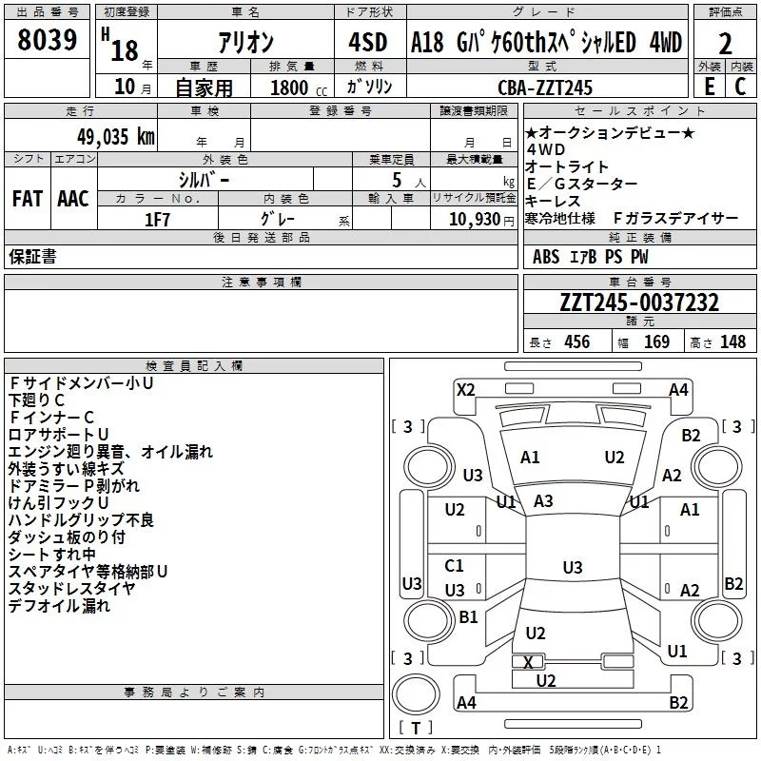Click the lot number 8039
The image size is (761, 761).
point(48,40)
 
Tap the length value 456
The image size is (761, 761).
point(576,342)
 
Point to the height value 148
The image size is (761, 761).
point(732,342)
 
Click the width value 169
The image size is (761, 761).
point(656,342)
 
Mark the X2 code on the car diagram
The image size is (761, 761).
point(465,389)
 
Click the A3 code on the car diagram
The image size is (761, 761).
point(543,500)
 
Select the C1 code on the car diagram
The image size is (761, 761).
point(455,566)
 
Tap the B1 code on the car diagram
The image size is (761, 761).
point(468,616)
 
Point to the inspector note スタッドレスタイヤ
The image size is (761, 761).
point(71,588)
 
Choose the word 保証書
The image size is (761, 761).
point(32,256)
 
